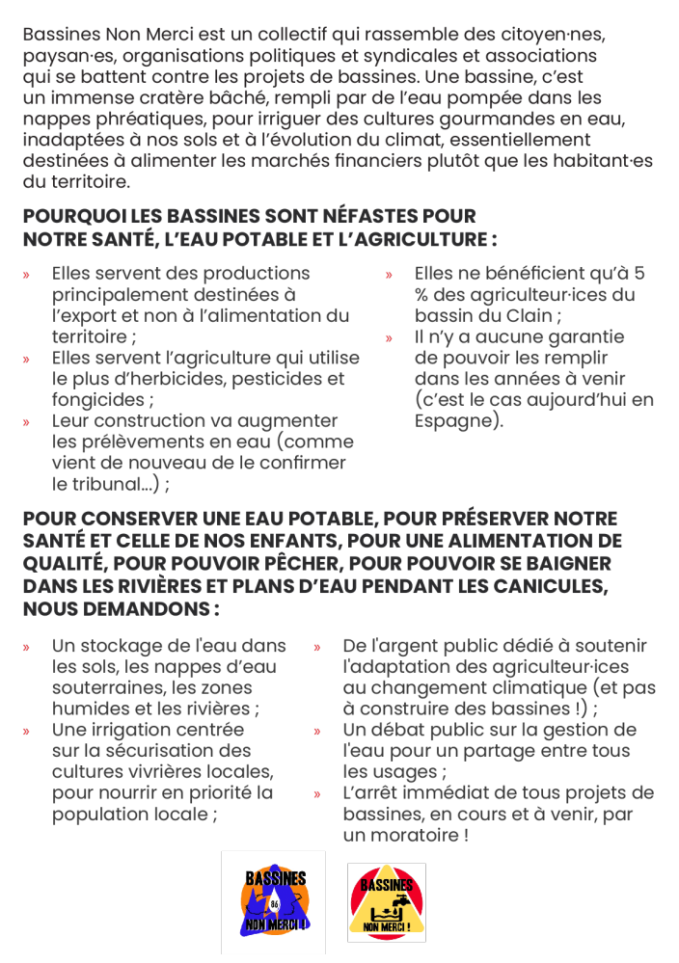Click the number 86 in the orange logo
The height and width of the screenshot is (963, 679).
click(x=275, y=902)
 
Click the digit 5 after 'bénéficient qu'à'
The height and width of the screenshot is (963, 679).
click(x=639, y=274)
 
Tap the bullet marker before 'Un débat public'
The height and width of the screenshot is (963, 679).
click(x=316, y=731)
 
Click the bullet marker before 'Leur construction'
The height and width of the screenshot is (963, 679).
click(x=27, y=422)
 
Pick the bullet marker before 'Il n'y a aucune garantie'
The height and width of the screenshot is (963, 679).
click(x=389, y=338)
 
